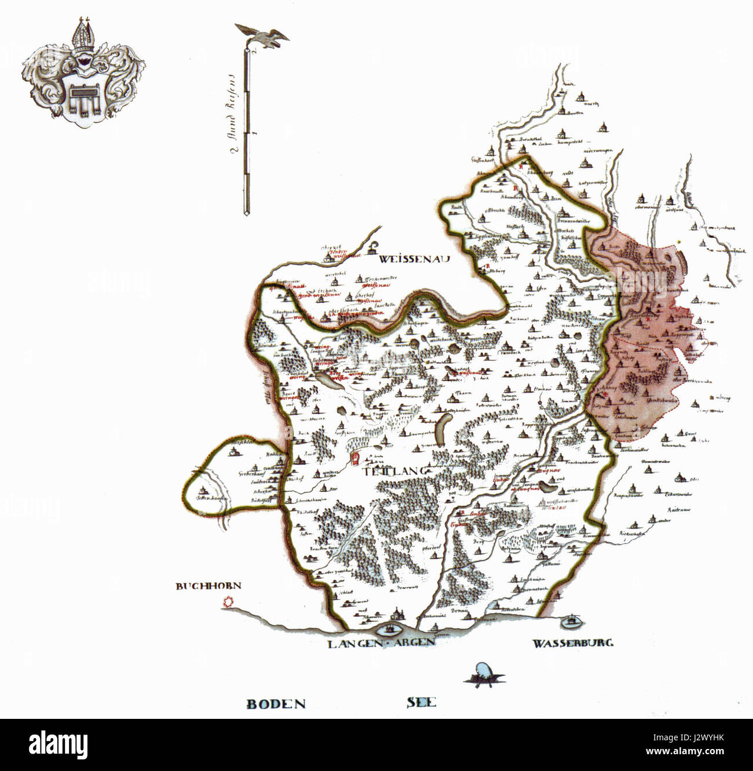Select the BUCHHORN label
pos(208,586)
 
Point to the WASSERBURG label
pos(573,643)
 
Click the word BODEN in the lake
pos(276,704)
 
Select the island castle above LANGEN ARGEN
pos(389,629)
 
